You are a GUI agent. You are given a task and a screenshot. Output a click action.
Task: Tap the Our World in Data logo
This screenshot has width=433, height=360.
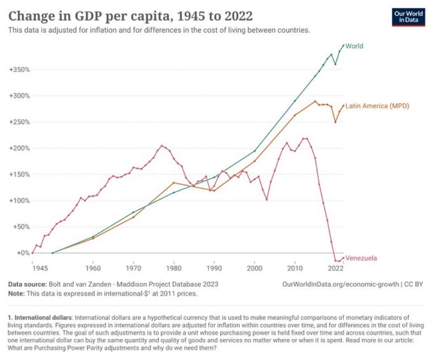point(408,17)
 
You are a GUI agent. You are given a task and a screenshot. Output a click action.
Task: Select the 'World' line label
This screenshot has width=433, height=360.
point(354,46)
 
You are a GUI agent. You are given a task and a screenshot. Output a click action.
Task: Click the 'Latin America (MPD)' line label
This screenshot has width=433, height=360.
point(377,106)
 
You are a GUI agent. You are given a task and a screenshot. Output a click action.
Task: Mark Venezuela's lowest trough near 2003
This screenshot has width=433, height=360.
point(267,199)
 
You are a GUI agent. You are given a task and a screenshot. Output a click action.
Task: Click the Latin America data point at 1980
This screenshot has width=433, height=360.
point(174,182)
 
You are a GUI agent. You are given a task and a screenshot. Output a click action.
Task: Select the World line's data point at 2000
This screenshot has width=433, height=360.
point(255,151)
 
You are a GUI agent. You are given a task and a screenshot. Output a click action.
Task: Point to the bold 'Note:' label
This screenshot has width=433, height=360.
point(17,294)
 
